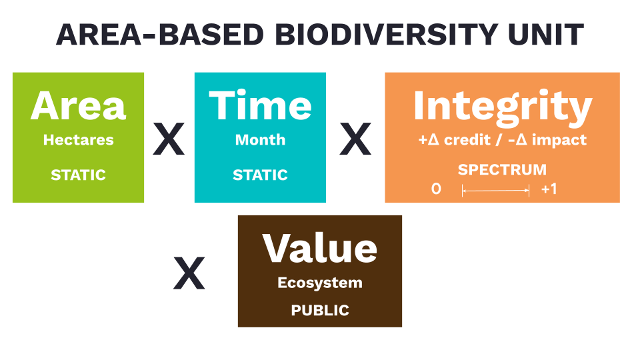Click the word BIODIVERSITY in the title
click(x=386, y=34)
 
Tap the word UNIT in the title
click(x=546, y=34)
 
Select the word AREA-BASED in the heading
click(x=159, y=34)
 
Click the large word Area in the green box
click(x=79, y=106)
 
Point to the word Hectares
click(x=79, y=140)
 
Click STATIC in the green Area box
click(x=79, y=175)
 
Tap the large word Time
click(x=260, y=105)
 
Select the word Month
click(x=260, y=140)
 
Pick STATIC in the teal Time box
click(x=260, y=175)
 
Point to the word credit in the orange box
click(x=467, y=140)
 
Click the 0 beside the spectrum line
click(x=436, y=189)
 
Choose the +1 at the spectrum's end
click(x=549, y=189)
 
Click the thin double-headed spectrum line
click(x=495, y=191)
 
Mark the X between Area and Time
click(x=169, y=139)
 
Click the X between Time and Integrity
click(x=355, y=139)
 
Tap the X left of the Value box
click(x=189, y=273)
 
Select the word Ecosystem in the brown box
click(x=320, y=283)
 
